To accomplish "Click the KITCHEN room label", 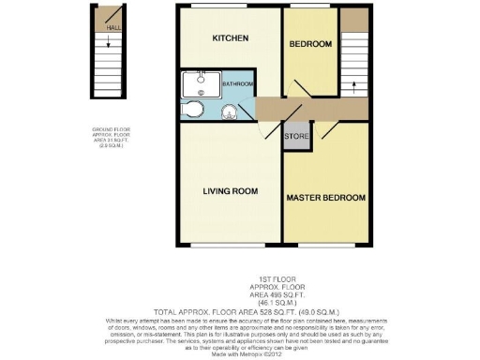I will (x=230, y=38).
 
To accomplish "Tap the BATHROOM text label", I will (x=237, y=84).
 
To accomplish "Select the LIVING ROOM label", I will (x=230, y=191).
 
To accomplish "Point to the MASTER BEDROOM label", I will (x=325, y=198).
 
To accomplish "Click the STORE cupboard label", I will (x=295, y=138).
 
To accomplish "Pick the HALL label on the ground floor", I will (x=113, y=28).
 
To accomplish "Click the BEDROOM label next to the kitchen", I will (x=310, y=44).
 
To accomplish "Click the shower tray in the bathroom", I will (x=199, y=86).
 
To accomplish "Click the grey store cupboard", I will (x=295, y=134).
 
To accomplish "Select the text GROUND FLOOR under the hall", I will (x=110, y=129).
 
